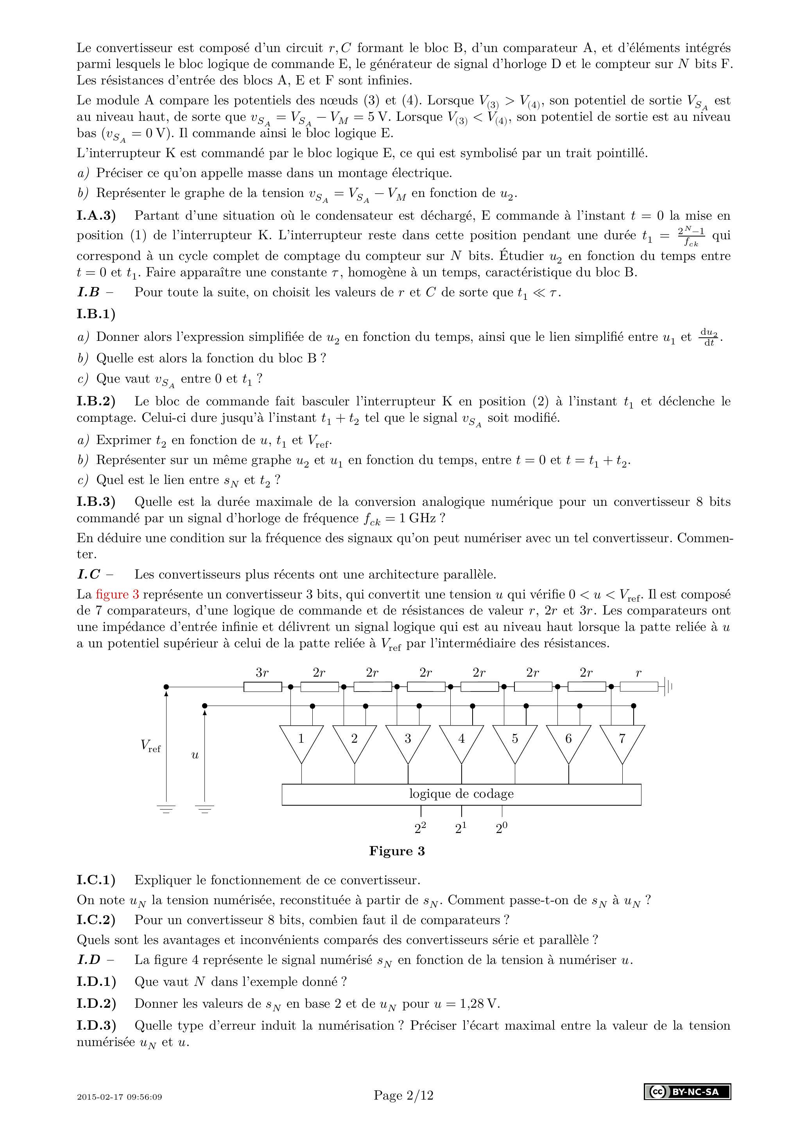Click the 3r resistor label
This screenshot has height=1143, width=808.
click(262, 673)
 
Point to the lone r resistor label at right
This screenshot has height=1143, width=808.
click(639, 673)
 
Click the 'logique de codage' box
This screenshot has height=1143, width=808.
click(462, 794)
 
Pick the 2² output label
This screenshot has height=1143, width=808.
click(420, 828)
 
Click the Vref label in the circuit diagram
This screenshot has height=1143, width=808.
click(150, 746)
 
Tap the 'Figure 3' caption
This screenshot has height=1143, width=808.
click(397, 851)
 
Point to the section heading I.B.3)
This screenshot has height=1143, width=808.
click(96, 502)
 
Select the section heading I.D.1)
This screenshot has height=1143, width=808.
click(96, 982)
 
